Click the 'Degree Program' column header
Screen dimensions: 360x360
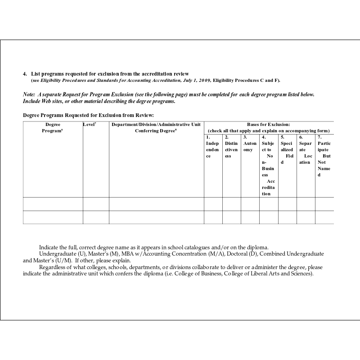[x=53, y=127]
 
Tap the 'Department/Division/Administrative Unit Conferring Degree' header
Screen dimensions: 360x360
[x=156, y=127]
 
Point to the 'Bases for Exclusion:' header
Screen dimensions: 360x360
[x=269, y=124]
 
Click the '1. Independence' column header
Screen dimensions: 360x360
[x=212, y=147]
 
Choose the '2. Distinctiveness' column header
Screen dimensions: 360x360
[x=231, y=147]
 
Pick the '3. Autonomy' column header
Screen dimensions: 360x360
[x=250, y=144]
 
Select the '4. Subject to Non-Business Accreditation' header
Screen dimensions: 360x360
[x=268, y=165]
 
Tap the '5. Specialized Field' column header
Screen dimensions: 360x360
[x=287, y=150]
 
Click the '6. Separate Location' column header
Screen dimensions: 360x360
[x=305, y=150]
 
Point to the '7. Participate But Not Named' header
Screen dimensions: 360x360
[x=324, y=156]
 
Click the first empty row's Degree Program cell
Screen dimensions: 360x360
[x=53, y=204]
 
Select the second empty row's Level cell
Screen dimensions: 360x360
[x=96, y=217]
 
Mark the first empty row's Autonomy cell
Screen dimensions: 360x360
[x=250, y=204]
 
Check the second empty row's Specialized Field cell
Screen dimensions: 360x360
[x=287, y=217]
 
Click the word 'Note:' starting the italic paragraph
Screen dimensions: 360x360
[x=29, y=95]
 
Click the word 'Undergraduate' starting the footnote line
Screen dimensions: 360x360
[x=55, y=254]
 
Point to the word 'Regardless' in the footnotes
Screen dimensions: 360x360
[x=52, y=267]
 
